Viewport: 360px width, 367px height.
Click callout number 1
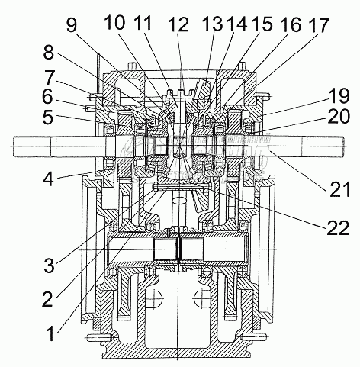[x=52, y=333]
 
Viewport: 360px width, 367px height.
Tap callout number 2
[x=47, y=299]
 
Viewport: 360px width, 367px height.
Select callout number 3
[x=49, y=265]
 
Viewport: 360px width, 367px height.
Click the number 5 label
[x=48, y=117]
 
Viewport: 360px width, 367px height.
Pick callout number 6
[x=47, y=97]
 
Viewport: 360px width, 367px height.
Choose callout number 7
[x=49, y=77]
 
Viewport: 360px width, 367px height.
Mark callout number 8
[x=48, y=53]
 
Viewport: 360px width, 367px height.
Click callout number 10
[x=115, y=22]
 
